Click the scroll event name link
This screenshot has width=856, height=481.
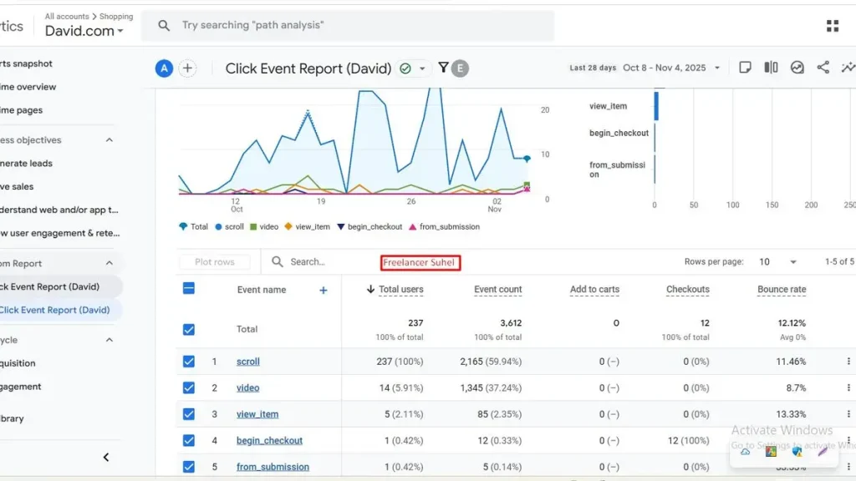(x=248, y=362)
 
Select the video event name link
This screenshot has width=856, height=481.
(x=248, y=388)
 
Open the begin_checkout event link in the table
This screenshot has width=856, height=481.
(x=269, y=441)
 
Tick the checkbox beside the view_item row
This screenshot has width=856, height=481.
(x=189, y=414)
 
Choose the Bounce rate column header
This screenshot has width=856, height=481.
(x=782, y=290)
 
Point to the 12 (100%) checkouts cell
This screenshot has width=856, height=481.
(x=690, y=441)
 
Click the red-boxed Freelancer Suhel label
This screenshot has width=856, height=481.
(x=420, y=262)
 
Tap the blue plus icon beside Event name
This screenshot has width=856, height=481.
(x=324, y=291)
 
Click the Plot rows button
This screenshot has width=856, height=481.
(x=215, y=262)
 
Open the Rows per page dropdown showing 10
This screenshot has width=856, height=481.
(x=777, y=262)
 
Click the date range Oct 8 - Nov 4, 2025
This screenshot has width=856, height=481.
(x=665, y=68)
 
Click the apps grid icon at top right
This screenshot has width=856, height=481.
(x=833, y=26)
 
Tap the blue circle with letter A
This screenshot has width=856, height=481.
(x=164, y=68)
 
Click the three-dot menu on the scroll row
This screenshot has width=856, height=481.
(x=848, y=362)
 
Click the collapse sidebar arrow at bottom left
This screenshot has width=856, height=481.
(x=106, y=458)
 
